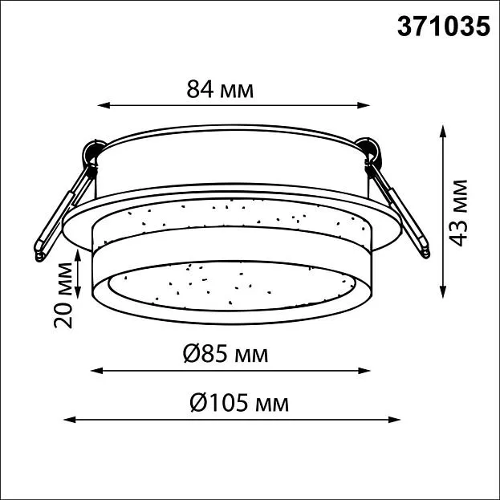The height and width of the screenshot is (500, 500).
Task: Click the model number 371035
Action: click(x=443, y=26)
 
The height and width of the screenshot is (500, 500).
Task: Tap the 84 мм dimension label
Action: click(x=220, y=90)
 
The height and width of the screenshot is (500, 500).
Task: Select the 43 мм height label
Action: click(x=457, y=213)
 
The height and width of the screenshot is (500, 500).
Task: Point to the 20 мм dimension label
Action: click(x=63, y=295)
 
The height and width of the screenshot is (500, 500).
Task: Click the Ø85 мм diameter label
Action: click(x=226, y=354)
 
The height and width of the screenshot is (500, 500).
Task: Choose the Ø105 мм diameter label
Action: click(x=239, y=403)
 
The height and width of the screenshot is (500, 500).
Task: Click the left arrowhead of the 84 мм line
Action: click(x=104, y=105)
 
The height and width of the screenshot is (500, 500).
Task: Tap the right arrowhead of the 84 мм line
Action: click(x=364, y=105)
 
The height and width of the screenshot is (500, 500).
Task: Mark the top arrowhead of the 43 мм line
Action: click(x=442, y=132)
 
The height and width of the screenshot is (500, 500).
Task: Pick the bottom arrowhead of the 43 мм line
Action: click(x=442, y=292)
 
